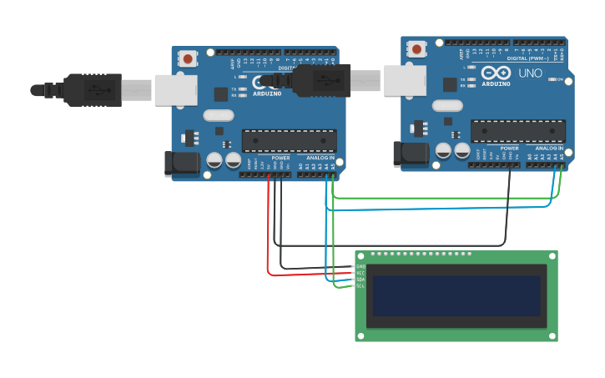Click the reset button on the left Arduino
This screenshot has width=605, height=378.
[189, 58]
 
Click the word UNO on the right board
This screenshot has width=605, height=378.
[531, 73]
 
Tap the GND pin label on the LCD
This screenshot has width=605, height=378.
[360, 266]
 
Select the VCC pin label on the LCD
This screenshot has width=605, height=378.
[360, 273]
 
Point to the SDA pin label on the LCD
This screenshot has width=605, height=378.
[360, 280]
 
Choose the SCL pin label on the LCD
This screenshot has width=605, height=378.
[360, 286]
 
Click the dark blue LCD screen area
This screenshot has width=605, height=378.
[456, 296]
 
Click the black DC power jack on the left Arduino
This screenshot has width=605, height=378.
[181, 163]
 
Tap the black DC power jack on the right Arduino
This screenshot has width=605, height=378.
[410, 153]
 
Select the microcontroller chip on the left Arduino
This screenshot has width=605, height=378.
[289, 140]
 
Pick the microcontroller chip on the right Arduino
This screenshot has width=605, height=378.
[517, 131]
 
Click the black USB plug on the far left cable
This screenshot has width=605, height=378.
[93, 89]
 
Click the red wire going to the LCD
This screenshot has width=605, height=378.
[269, 242]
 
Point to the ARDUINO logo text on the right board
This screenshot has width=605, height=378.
[496, 83]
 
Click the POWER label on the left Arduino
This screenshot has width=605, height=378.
[280, 158]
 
